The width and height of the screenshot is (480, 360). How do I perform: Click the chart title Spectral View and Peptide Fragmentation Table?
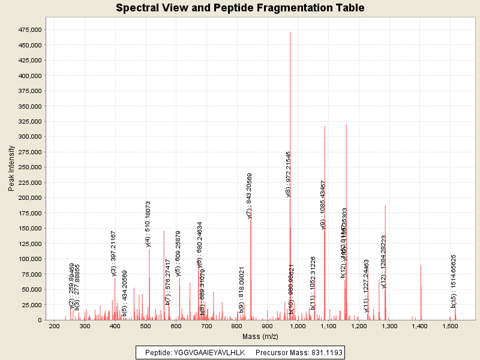point(240,8)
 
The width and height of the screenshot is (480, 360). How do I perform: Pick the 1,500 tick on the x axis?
point(450,326)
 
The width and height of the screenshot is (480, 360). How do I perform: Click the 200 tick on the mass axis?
point(54,326)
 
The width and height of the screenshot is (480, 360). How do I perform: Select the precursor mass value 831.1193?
point(325,353)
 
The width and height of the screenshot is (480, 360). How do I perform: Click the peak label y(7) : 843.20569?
point(250,196)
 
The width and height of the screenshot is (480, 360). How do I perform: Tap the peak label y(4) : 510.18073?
point(148,224)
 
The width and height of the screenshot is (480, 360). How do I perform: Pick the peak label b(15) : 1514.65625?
point(454,281)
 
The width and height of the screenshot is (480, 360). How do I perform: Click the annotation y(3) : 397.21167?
point(113,253)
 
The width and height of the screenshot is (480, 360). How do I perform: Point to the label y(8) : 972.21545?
point(289,174)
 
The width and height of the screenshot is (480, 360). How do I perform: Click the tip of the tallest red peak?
point(290,32)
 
